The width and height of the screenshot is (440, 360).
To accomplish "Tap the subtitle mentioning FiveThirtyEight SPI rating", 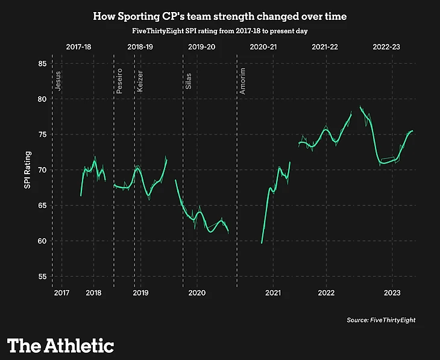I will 219,31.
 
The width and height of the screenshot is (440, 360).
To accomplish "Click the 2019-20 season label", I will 201,46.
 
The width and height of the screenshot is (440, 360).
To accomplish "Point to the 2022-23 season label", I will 387,46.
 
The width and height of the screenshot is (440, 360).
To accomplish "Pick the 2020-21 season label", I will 263,46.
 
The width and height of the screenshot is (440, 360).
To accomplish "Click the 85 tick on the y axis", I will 42,63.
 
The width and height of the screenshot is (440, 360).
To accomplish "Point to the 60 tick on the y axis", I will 42,241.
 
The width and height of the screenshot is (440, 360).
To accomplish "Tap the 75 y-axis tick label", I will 42,134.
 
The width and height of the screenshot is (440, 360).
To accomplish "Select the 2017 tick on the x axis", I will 61,293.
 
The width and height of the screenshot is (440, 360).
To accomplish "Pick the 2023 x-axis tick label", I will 392,293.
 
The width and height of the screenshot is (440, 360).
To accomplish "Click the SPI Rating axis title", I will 27,171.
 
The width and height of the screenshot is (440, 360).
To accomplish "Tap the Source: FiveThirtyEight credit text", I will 381,320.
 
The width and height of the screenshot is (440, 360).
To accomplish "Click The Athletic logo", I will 60,345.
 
